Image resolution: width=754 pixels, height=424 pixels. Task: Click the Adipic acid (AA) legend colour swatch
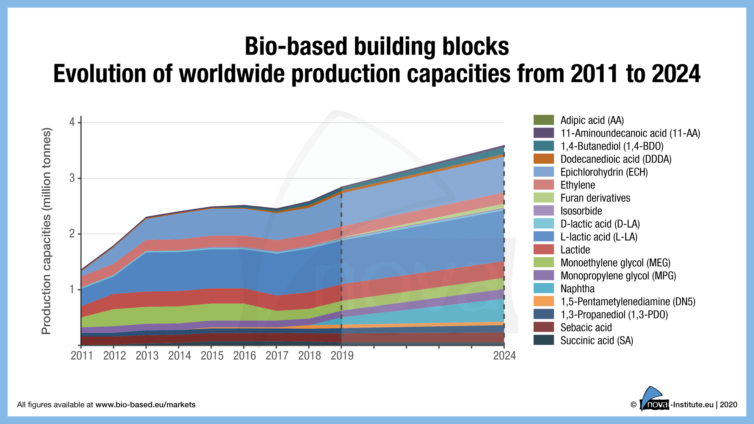(x=544, y=120)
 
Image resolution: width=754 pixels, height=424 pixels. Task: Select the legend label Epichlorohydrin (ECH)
(x=604, y=172)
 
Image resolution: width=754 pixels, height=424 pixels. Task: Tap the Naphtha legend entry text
(x=577, y=289)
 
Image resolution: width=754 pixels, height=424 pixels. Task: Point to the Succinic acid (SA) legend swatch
(x=544, y=340)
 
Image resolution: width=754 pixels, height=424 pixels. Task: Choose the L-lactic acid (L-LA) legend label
(x=599, y=237)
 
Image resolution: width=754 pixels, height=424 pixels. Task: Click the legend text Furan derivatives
(x=595, y=198)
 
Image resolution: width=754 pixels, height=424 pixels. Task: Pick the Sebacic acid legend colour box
(x=544, y=327)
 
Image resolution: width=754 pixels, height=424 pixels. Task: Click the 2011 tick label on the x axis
(x=82, y=356)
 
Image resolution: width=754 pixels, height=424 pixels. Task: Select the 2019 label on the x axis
(x=342, y=356)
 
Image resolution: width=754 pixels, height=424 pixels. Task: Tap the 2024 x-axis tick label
(x=505, y=356)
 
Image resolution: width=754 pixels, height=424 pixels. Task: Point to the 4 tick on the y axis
(x=72, y=122)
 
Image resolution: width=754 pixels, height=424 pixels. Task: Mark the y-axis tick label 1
(x=72, y=290)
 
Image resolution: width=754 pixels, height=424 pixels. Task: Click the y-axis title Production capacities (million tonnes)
(x=46, y=231)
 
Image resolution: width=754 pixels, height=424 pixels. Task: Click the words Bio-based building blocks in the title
(x=377, y=46)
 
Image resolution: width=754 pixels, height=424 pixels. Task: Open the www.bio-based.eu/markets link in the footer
(x=145, y=405)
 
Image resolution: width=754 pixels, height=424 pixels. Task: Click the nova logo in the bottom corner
(x=653, y=400)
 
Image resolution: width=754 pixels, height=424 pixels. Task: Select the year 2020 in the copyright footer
(x=728, y=405)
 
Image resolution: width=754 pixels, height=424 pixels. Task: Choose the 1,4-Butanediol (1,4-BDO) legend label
(x=612, y=146)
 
